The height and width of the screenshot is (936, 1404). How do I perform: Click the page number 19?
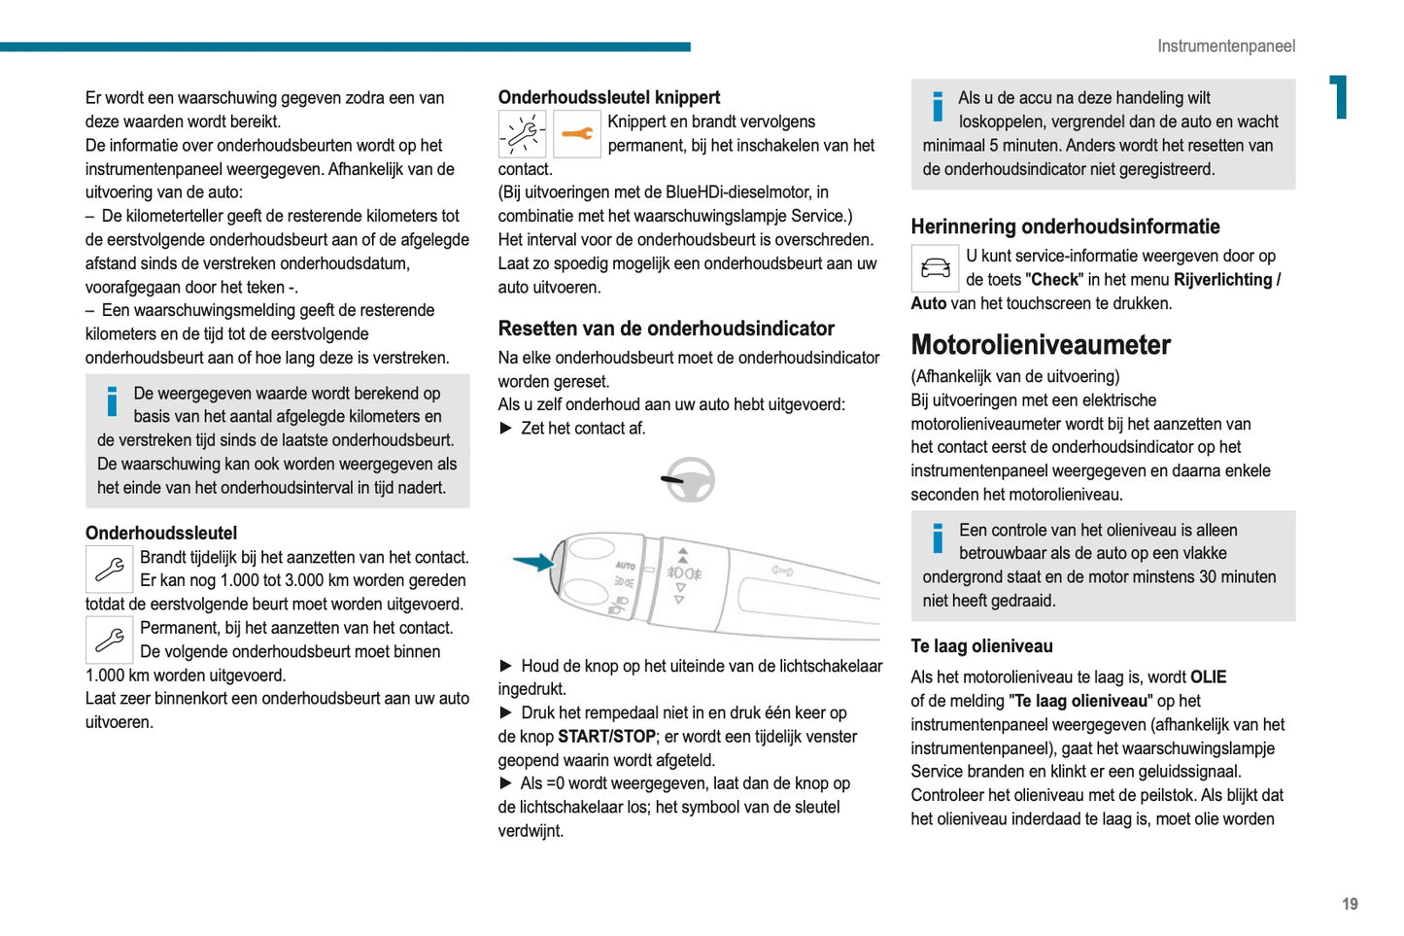pyautogui.click(x=1350, y=904)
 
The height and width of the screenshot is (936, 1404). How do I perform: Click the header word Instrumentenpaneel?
pyautogui.click(x=1225, y=46)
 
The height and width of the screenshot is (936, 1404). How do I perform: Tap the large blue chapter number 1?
pyautogui.click(x=1340, y=97)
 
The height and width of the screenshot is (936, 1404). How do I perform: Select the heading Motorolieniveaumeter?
pyautogui.click(x=1040, y=345)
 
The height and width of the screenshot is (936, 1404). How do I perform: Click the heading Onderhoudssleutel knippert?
pyautogui.click(x=608, y=97)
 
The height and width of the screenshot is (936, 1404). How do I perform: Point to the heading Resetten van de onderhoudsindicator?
pyautogui.click(x=666, y=329)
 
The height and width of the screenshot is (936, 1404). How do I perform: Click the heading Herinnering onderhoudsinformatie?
pyautogui.click(x=1065, y=226)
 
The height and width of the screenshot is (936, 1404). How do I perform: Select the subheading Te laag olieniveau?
pyautogui.click(x=981, y=646)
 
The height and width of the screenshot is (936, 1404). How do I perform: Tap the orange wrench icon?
pyautogui.click(x=577, y=134)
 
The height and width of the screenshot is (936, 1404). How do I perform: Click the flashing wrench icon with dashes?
pyautogui.click(x=522, y=134)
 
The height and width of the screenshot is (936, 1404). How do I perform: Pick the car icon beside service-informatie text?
pyautogui.click(x=935, y=268)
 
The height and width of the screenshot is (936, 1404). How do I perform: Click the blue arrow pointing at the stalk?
pyautogui.click(x=533, y=562)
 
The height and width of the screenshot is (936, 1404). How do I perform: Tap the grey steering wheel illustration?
pyautogui.click(x=689, y=479)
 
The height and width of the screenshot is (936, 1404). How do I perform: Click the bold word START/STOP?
pyautogui.click(x=606, y=737)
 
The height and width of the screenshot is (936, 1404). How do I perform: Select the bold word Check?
pyautogui.click(x=1054, y=280)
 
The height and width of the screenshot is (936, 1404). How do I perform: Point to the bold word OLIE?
pyautogui.click(x=1208, y=677)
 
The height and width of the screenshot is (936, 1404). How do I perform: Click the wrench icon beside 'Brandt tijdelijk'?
pyautogui.click(x=110, y=569)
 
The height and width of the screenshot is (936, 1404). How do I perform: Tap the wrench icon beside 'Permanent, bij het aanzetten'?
pyautogui.click(x=110, y=640)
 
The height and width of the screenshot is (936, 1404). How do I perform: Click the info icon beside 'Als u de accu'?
pyautogui.click(x=938, y=107)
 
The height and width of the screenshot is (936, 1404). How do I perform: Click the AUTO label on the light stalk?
pyautogui.click(x=625, y=566)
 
